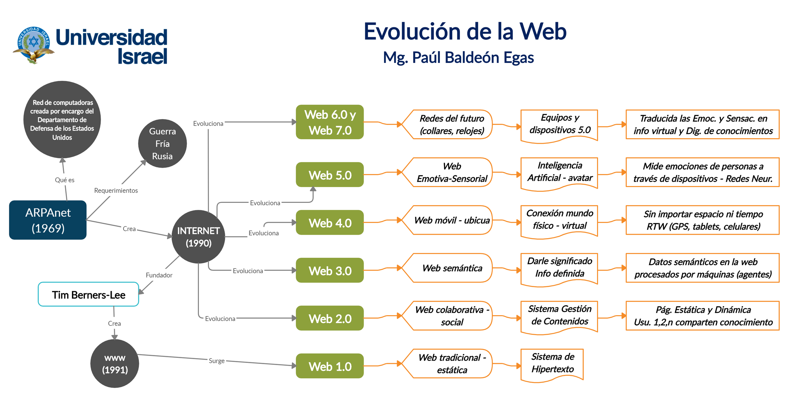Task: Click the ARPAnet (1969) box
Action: click(x=48, y=220)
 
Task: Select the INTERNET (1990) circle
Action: click(x=198, y=237)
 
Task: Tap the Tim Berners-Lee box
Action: click(x=88, y=294)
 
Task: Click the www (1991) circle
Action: click(x=115, y=364)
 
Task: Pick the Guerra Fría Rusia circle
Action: click(x=162, y=144)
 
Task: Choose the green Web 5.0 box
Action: click(x=329, y=175)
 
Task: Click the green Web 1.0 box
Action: click(x=329, y=366)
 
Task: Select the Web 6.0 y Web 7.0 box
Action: click(x=329, y=122)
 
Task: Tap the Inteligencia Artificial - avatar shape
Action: click(x=559, y=172)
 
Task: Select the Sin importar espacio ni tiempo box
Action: click(x=703, y=220)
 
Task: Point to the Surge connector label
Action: click(x=217, y=361)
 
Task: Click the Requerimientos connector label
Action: click(x=116, y=190)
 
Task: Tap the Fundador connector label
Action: click(x=159, y=275)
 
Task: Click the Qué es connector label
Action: click(x=64, y=180)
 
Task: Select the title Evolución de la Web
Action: click(x=465, y=31)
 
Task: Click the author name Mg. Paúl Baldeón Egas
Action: click(x=458, y=57)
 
